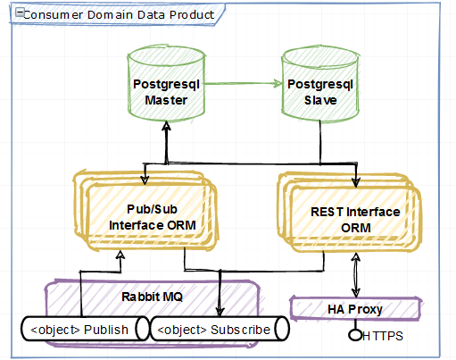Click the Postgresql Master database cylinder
pyautogui.click(x=166, y=83)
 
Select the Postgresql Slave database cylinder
pyautogui.click(x=320, y=83)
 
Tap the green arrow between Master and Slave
pyautogui.click(x=243, y=84)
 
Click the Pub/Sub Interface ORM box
pyautogui.click(x=145, y=211)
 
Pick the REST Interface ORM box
pyautogui.click(x=350, y=212)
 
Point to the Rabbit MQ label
pyautogui.click(x=152, y=297)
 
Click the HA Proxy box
pyautogui.click(x=355, y=309)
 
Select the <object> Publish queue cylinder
pyautogui.click(x=85, y=329)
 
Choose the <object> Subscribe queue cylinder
pyautogui.click(x=220, y=329)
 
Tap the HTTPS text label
pyautogui.click(x=383, y=336)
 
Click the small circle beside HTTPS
pyautogui.click(x=355, y=335)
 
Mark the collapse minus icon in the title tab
pyautogui.click(x=20, y=13)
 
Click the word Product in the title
pyautogui.click(x=192, y=15)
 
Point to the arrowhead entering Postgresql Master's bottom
pyautogui.click(x=166, y=126)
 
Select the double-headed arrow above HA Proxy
pyautogui.click(x=355, y=275)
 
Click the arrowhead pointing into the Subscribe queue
pyautogui.click(x=220, y=312)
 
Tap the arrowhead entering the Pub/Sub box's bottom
pyautogui.click(x=120, y=255)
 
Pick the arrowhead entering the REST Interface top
pyautogui.click(x=356, y=182)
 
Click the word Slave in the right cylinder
pyautogui.click(x=320, y=100)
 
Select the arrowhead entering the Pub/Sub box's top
pyautogui.click(x=145, y=180)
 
